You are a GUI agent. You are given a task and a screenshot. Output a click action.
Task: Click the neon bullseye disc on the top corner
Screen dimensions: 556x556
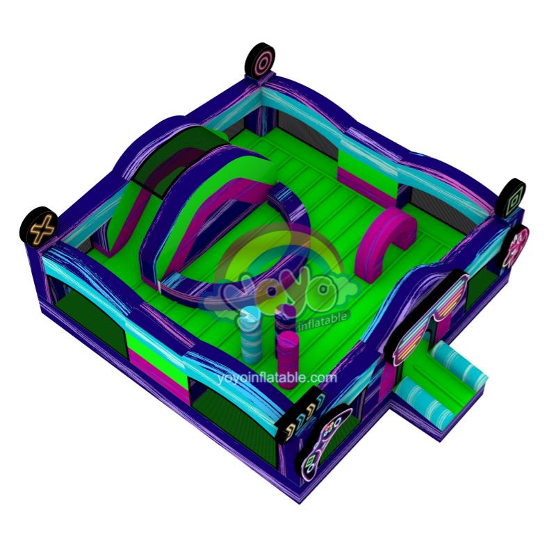pos(260,61)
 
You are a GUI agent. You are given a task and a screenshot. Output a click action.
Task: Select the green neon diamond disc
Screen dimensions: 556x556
pos(511,196)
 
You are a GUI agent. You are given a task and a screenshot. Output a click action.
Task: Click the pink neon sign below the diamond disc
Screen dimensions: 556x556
pos(516,247)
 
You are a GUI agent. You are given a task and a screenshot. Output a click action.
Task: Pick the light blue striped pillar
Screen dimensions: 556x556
pos(250,334)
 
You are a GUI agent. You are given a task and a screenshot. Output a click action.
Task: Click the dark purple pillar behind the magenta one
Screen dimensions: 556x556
pos(285,318)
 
